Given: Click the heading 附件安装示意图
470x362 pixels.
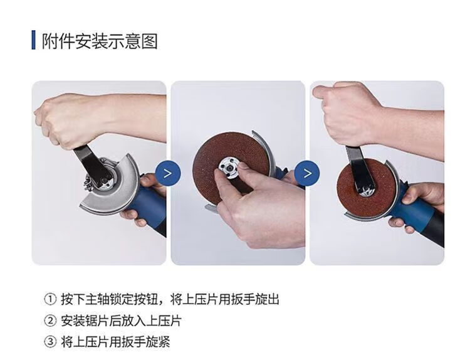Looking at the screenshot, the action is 99,41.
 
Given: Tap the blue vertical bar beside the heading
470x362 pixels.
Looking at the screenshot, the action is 34,40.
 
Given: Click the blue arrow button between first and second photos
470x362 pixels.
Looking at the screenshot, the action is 168,173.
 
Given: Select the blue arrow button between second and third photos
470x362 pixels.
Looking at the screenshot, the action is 307,173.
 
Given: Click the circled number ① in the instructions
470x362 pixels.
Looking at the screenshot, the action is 50,299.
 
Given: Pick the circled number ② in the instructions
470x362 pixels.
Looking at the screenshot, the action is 50,321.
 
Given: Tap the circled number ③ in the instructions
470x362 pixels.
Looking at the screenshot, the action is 50,341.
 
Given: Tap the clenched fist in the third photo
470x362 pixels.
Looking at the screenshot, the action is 348,114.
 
